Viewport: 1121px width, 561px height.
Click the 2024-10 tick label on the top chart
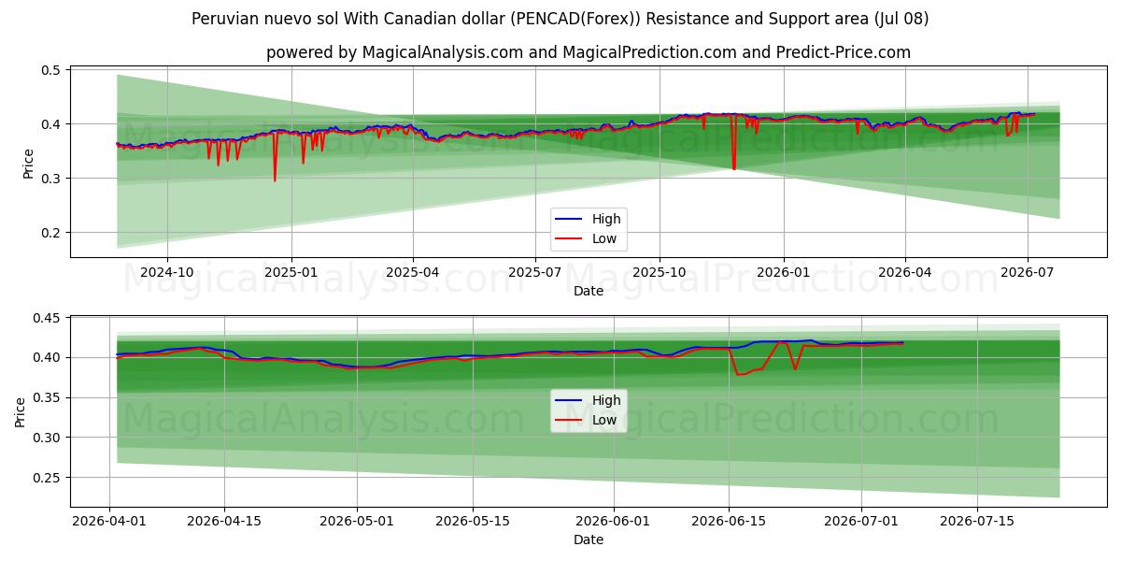click(166, 272)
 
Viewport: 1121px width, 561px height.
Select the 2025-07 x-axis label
click(535, 272)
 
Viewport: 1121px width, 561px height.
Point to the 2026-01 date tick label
click(783, 272)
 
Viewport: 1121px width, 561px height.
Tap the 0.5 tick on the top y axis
click(50, 70)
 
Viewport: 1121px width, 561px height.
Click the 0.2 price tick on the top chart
click(50, 233)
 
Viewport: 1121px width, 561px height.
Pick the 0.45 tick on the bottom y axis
click(47, 318)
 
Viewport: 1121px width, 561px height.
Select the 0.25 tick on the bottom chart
click(47, 478)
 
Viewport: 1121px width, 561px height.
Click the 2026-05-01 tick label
click(357, 522)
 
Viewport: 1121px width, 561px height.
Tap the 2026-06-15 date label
click(729, 522)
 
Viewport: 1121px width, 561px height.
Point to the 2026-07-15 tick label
click(977, 522)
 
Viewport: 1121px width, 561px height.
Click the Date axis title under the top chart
click(588, 291)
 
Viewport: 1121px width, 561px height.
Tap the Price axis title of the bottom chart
click(20, 412)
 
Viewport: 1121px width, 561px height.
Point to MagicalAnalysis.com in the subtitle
click(443, 52)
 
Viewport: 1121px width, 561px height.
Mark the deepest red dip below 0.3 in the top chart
click(275, 180)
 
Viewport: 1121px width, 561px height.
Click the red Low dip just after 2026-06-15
click(737, 375)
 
